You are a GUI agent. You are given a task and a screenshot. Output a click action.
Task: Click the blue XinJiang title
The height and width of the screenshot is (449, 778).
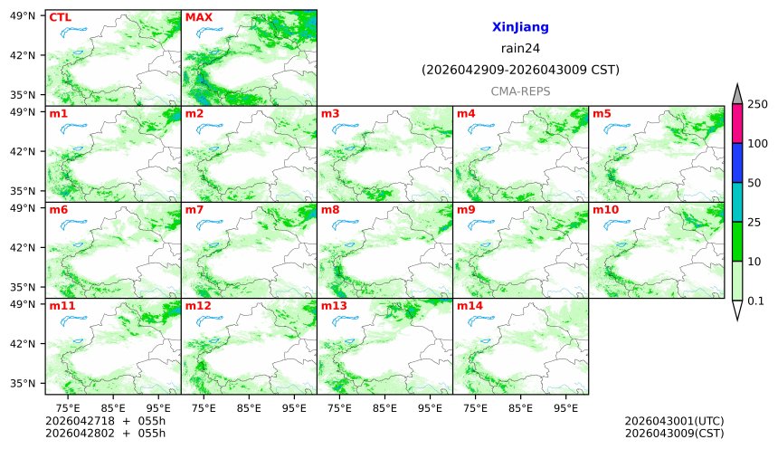[x=520, y=28]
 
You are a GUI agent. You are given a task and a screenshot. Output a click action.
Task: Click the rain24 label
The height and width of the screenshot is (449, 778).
[x=520, y=49]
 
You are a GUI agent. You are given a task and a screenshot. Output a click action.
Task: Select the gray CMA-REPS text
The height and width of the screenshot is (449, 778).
[x=520, y=91]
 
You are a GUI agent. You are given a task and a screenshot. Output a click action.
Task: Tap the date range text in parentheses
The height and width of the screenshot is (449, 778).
[x=520, y=70]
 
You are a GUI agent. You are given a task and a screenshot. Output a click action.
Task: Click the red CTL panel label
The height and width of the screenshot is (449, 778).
[x=60, y=17]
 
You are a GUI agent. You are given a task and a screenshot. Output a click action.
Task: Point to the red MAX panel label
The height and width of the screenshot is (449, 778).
[x=198, y=17]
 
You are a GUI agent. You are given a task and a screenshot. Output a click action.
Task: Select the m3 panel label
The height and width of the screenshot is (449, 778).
[x=330, y=114]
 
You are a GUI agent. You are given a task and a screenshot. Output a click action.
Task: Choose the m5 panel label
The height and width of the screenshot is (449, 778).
[x=602, y=114]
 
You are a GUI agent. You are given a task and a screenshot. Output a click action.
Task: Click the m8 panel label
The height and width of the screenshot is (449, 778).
[x=330, y=210]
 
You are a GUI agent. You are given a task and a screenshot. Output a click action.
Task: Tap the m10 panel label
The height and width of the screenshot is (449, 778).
[x=605, y=210]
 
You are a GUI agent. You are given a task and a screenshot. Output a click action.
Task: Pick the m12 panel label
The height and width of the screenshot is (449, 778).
[x=198, y=306]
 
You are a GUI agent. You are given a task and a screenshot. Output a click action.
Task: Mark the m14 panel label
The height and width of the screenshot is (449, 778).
[x=470, y=306]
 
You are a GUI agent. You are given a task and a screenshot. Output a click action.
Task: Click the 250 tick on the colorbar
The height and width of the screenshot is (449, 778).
[x=757, y=104]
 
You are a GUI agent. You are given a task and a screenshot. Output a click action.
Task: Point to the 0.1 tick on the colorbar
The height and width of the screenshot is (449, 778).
[x=756, y=301]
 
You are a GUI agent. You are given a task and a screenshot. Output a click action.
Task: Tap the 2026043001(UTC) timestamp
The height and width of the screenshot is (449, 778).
[x=674, y=421]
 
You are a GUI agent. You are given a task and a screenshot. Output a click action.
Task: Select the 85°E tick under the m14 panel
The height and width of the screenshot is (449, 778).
[x=520, y=407]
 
